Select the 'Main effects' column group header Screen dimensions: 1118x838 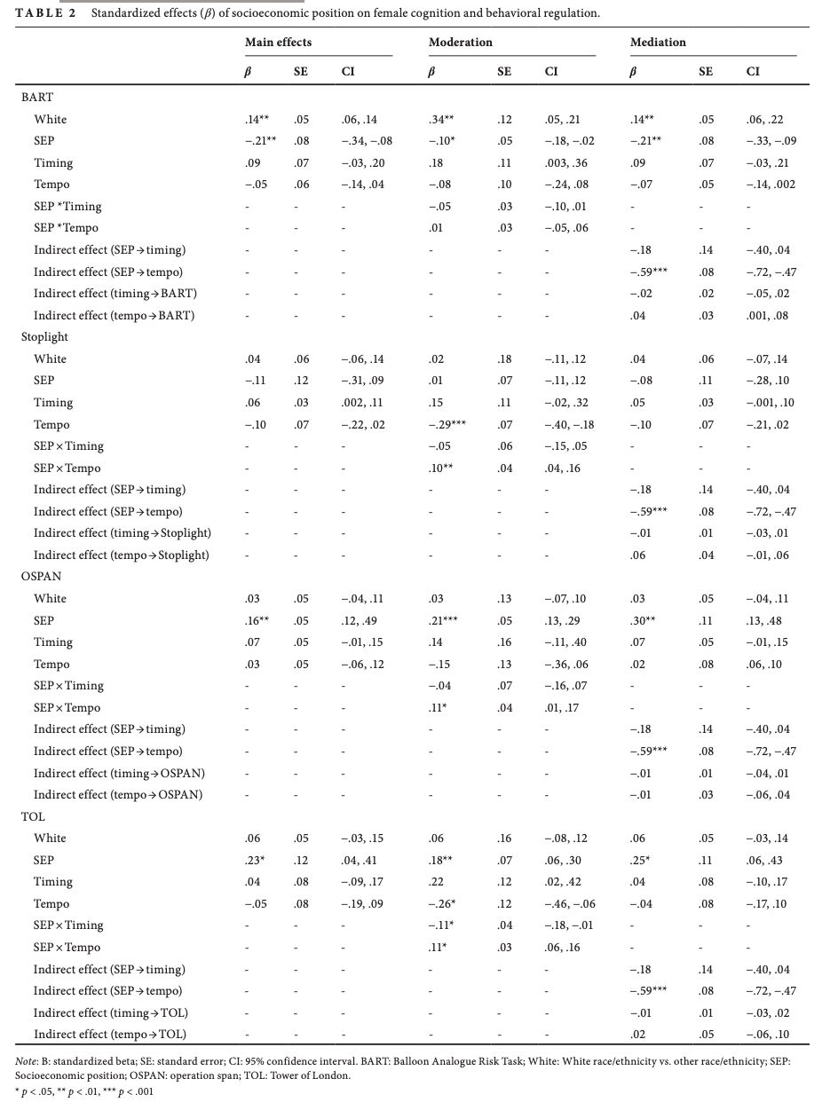point(278,42)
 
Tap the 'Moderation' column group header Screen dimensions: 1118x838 point(460,42)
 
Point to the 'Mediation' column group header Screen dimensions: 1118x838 point(658,42)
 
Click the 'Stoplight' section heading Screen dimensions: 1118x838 point(44,337)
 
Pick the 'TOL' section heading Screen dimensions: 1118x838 point(33,816)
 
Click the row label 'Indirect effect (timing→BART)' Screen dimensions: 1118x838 point(115,294)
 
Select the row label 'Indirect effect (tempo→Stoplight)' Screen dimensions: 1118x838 point(122,555)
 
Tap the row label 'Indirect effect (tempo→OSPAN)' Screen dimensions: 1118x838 point(118,795)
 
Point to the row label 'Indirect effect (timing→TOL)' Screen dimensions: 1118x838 point(111,1013)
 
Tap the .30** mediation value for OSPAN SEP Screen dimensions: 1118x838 point(642,621)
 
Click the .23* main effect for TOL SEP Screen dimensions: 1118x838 point(256,861)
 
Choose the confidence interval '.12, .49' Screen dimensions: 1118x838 point(360,621)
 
